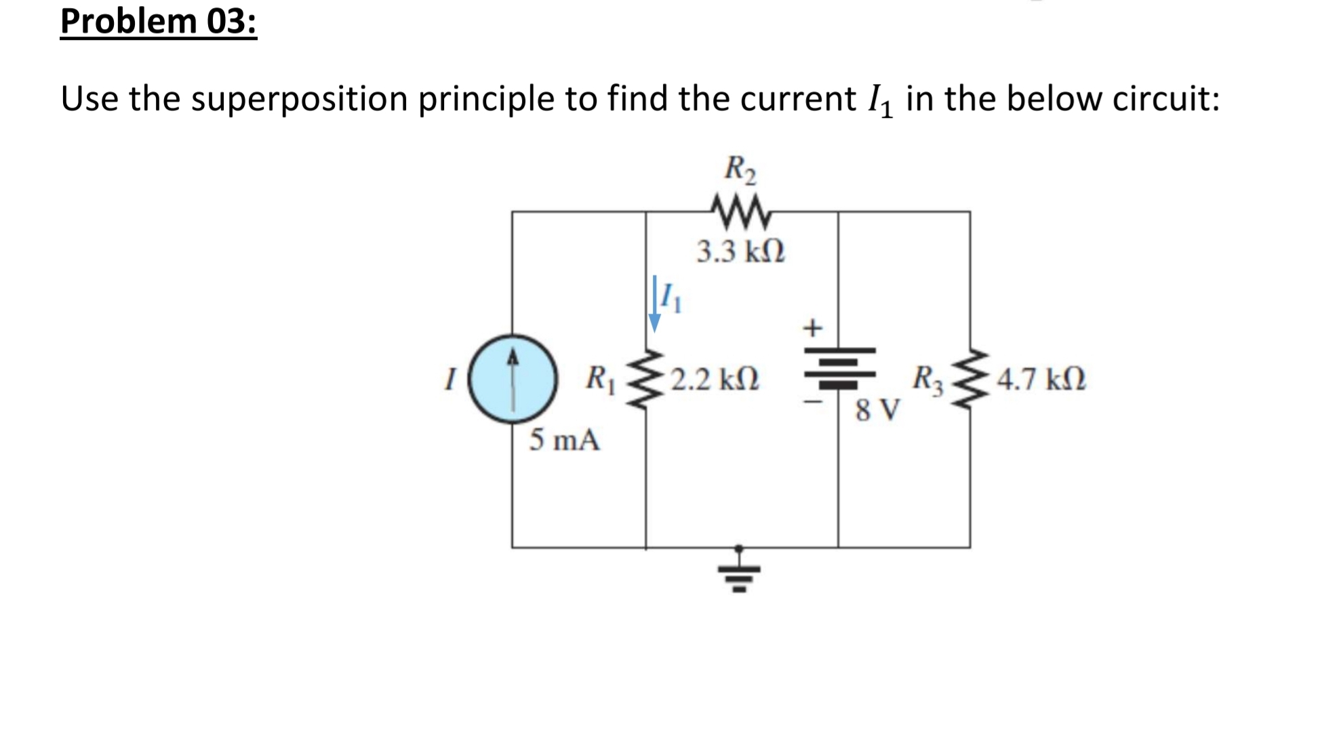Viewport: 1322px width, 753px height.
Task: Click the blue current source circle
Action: point(513,379)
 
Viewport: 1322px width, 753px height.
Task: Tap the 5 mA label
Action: point(564,440)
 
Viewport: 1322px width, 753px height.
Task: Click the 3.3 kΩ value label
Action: point(741,251)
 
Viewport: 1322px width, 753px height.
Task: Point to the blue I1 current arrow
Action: point(655,303)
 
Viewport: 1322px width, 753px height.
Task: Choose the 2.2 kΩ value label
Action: point(715,380)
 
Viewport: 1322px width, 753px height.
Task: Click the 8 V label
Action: point(877,410)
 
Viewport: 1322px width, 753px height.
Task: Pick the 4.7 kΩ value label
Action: point(1041,380)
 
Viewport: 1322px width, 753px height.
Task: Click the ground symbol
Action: point(739,573)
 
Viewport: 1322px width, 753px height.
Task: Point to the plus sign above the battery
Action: point(812,328)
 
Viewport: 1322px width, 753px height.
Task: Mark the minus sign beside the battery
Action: point(813,402)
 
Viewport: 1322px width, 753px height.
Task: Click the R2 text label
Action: point(740,169)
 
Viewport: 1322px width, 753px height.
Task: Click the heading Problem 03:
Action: point(159,21)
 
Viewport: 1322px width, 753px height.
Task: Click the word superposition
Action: point(299,100)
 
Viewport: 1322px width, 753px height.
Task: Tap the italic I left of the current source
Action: point(449,379)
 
